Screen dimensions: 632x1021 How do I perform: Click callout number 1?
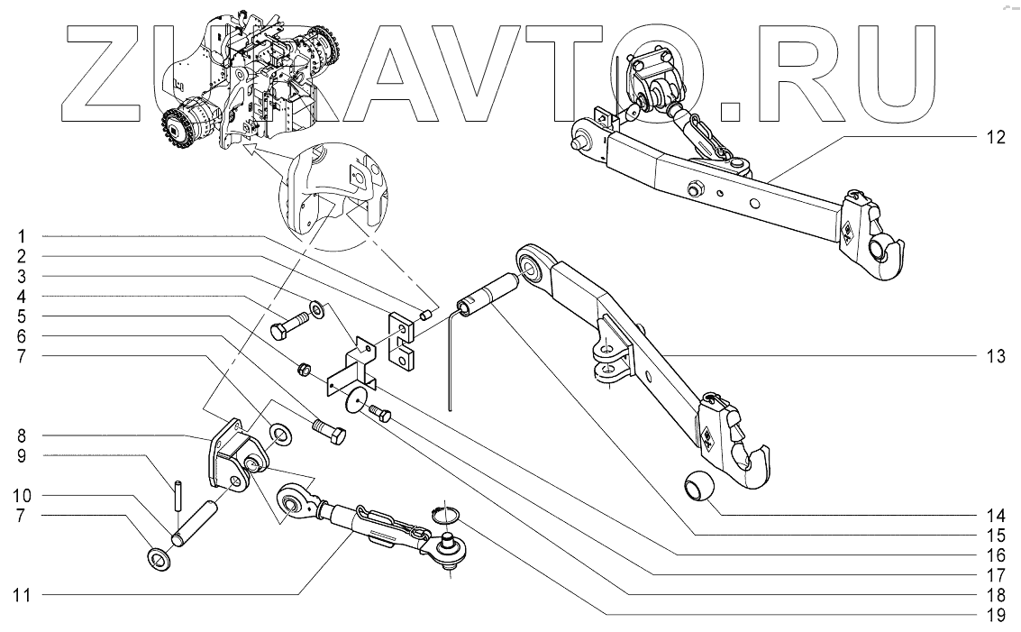tap(19, 236)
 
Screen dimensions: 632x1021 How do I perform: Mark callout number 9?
tap(19, 457)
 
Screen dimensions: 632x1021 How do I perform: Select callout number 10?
tap(18, 497)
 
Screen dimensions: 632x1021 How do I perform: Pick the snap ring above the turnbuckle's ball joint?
tap(445, 515)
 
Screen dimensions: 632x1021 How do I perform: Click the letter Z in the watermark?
tap(104, 72)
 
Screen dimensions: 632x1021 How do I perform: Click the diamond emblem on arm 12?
tap(849, 231)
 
